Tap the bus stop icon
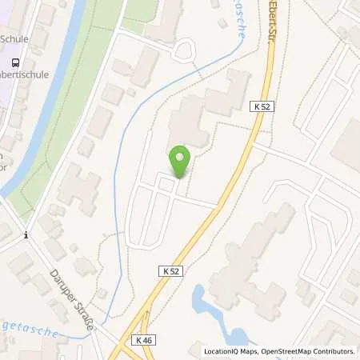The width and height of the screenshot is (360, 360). tap(14, 63)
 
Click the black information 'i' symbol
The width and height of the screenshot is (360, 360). tap(26, 234)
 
